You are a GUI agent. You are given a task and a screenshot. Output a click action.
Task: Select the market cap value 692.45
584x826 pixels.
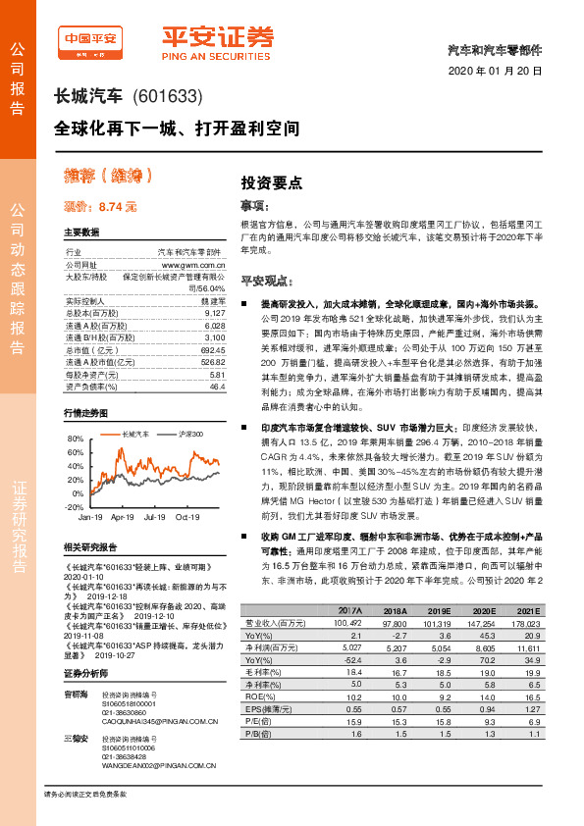point(213,349)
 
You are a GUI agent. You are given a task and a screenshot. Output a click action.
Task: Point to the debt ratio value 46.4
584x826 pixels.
point(218,386)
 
